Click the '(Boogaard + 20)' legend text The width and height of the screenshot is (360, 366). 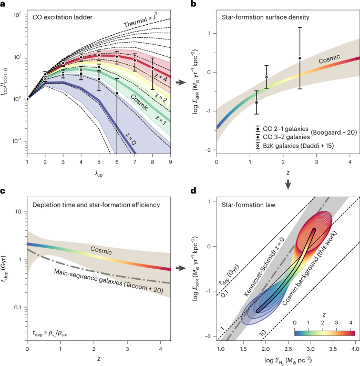[x=318, y=132]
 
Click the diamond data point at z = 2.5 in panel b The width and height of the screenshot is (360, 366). [x=300, y=58]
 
